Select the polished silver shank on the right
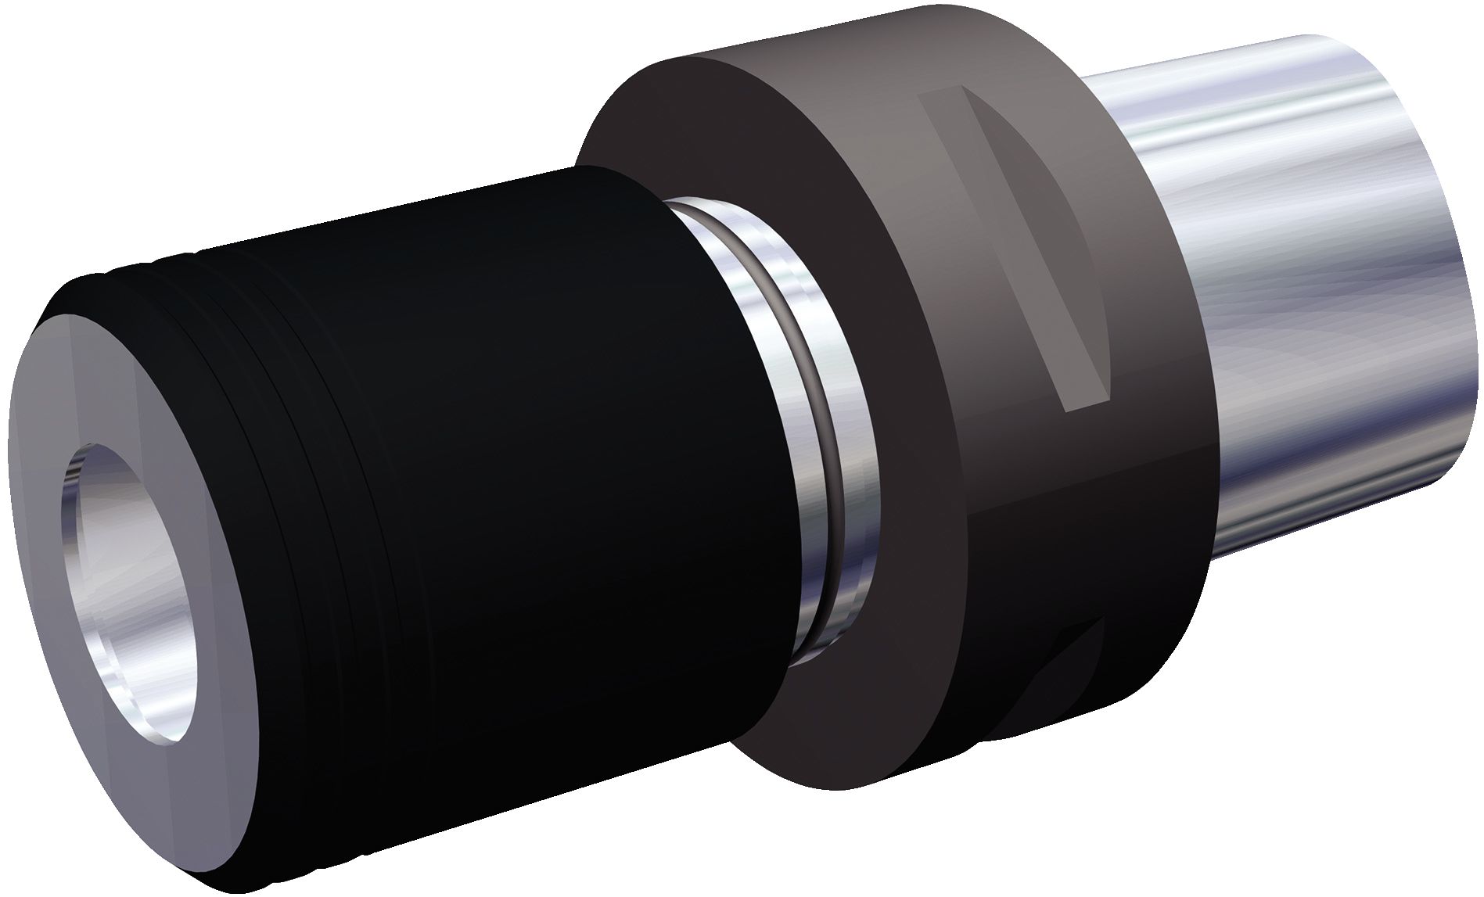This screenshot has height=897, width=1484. point(1291,313)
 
